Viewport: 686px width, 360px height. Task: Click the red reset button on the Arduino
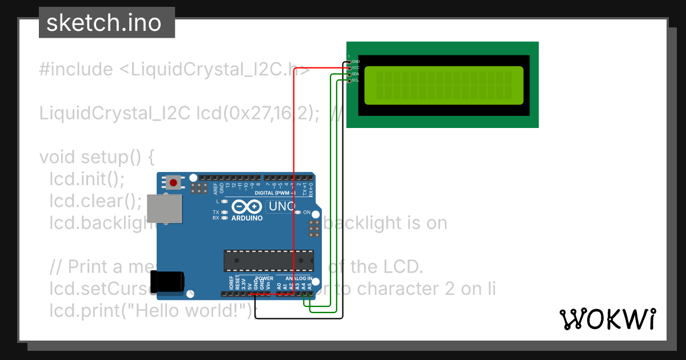tap(173, 183)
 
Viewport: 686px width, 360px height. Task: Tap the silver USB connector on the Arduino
tap(164, 208)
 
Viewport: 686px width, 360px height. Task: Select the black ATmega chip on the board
tap(268, 261)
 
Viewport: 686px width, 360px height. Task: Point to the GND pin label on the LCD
tap(356, 61)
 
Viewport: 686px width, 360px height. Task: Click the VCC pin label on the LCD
tap(356, 67)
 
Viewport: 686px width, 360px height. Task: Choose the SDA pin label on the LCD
tap(356, 74)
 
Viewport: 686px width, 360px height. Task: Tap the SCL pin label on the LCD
tap(356, 81)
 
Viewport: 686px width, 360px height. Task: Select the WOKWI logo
tap(607, 319)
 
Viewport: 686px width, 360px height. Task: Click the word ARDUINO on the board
tap(247, 218)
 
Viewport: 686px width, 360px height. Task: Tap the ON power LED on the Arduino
tap(298, 213)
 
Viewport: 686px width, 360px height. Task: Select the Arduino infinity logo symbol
tap(247, 207)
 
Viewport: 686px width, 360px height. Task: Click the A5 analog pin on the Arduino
tap(309, 294)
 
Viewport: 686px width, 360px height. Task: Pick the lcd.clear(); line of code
tap(95, 201)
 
